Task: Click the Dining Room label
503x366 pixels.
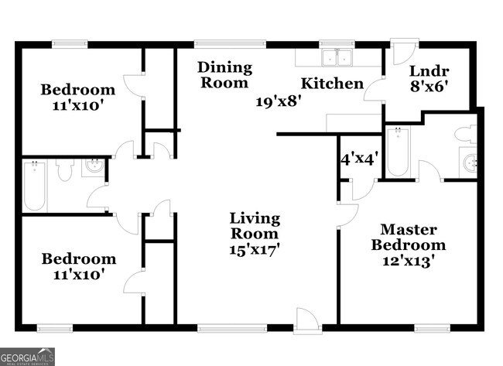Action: [x=225, y=75]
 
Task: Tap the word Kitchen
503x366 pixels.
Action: [x=332, y=83]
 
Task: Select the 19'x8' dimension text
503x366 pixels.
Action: [x=279, y=100]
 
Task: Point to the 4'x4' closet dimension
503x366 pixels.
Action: [x=359, y=160]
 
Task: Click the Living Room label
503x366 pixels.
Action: [x=254, y=226]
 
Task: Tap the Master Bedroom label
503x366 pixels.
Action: [x=408, y=238]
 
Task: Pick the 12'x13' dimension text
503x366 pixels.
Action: [x=408, y=261]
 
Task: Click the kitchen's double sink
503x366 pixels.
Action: [x=337, y=57]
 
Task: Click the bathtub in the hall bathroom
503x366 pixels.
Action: [x=36, y=186]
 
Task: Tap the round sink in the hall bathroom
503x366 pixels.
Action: [x=94, y=166]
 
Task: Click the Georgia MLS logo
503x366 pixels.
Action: [x=28, y=357]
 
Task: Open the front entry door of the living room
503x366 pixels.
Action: [x=306, y=320]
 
